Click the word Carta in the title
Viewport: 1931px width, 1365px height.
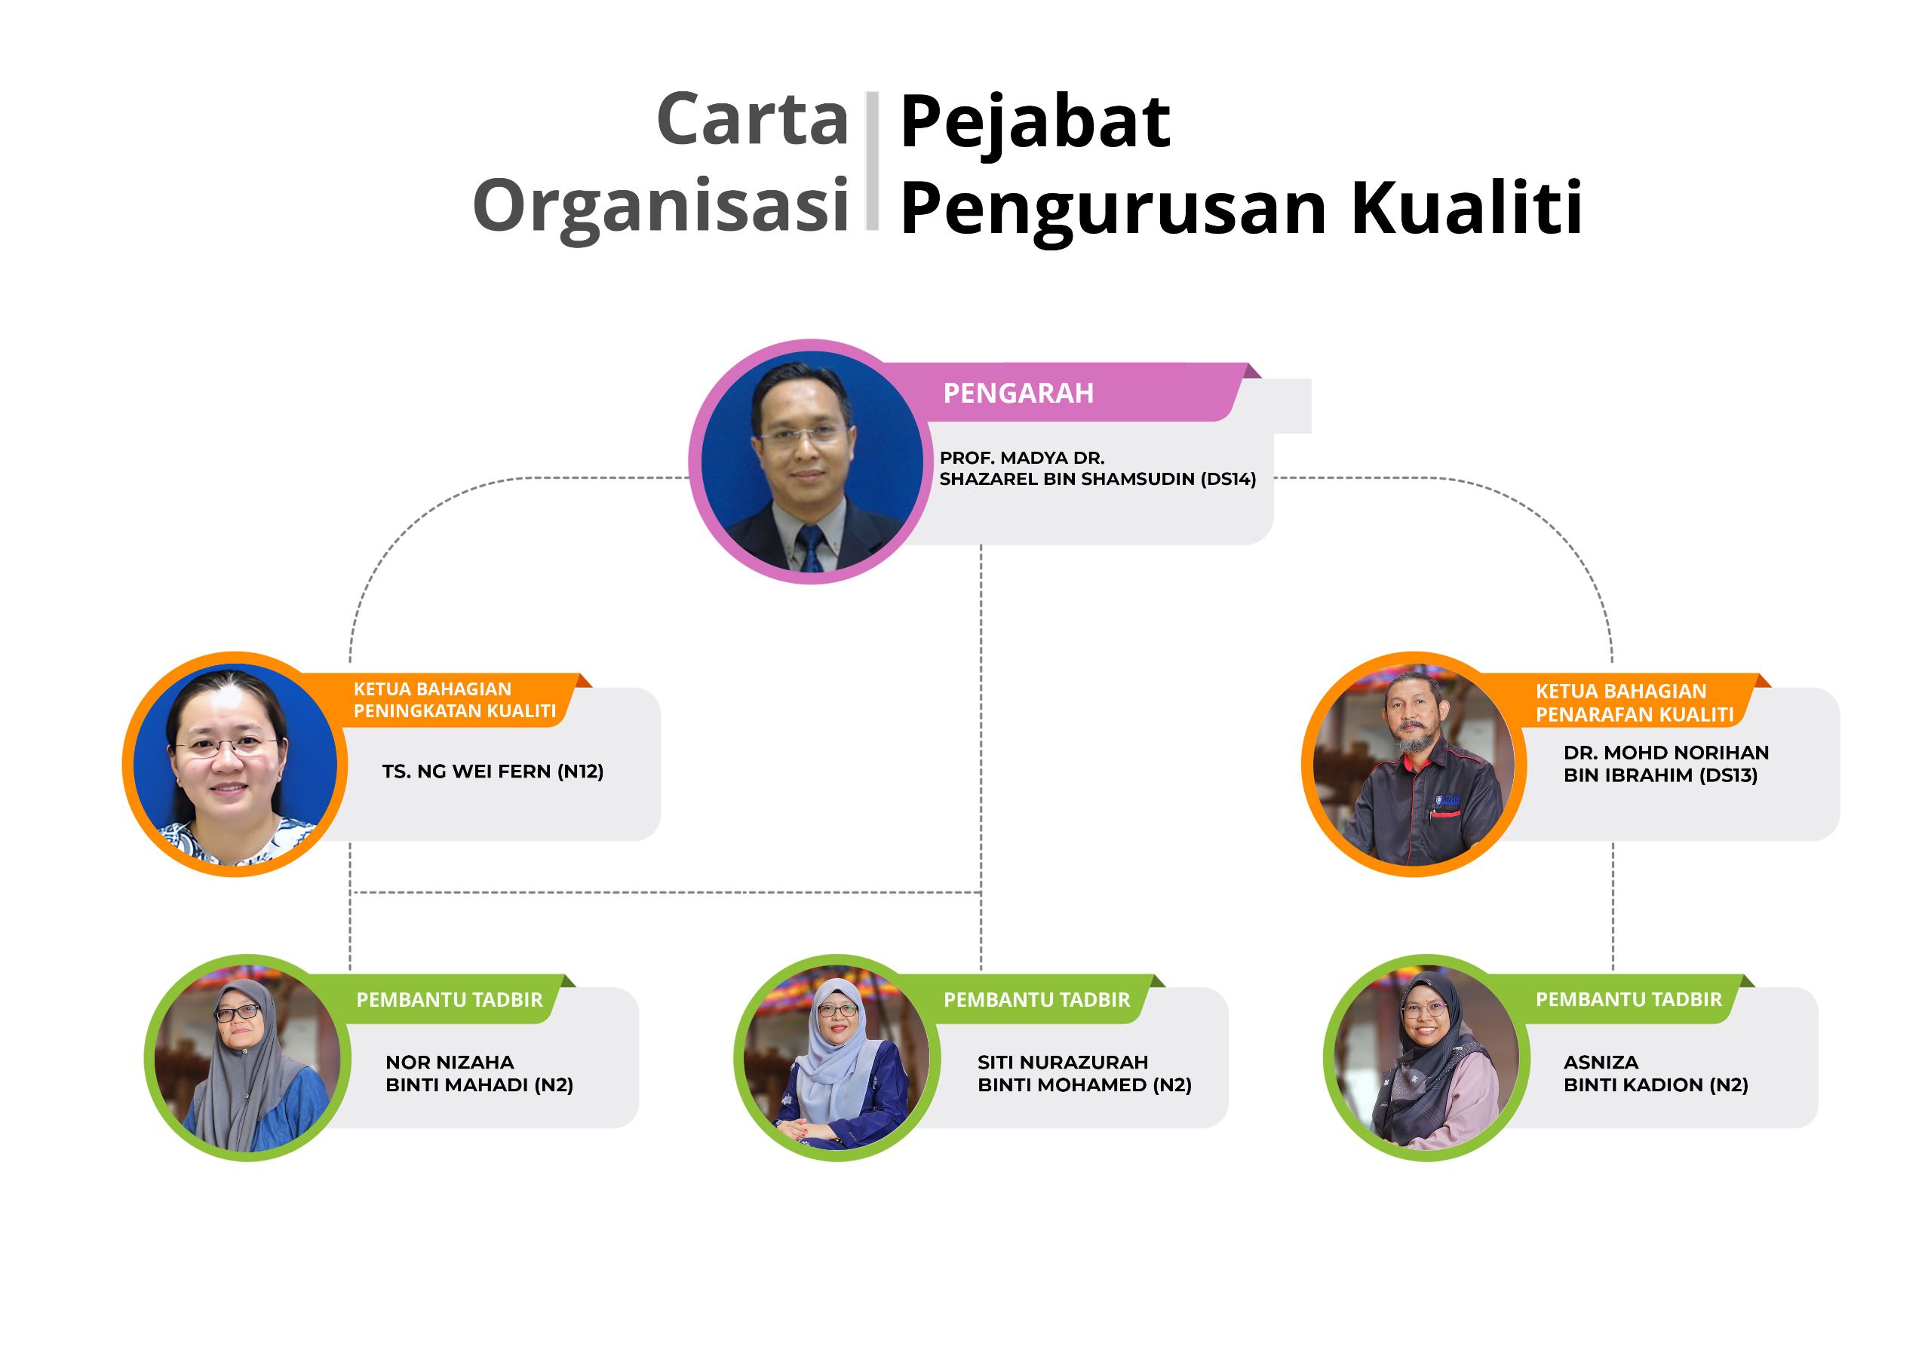(752, 119)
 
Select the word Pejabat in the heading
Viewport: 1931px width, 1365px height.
(1034, 123)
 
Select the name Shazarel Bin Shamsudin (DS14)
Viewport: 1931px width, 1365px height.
(1098, 480)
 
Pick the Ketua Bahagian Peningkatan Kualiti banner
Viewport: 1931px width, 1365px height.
(454, 700)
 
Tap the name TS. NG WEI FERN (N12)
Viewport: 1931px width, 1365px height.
(493, 771)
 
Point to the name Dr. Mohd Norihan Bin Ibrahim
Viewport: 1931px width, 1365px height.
(1665, 764)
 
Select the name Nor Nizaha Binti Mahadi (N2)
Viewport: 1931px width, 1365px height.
(480, 1073)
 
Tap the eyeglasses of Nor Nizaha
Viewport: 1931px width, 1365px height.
(238, 1014)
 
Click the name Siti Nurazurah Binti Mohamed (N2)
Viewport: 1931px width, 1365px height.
(1084, 1073)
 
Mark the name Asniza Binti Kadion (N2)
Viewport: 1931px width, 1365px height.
(1655, 1073)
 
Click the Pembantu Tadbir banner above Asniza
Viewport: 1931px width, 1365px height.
(1629, 999)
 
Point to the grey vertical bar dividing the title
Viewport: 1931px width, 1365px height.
(872, 161)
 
